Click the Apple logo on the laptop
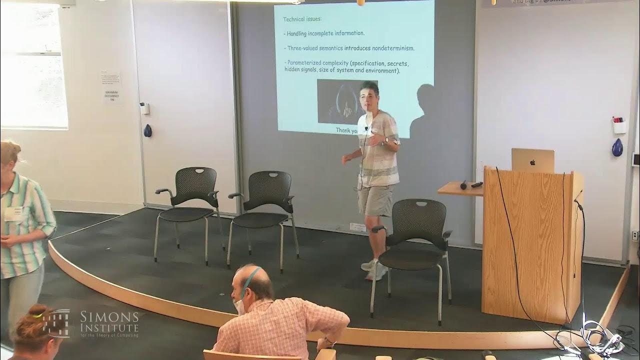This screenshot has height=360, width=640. [532, 162]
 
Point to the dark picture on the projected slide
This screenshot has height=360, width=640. [340, 101]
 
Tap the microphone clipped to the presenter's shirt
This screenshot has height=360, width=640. [366, 128]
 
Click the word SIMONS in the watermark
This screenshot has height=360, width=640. [109, 316]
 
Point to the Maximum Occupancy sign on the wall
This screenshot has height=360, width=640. [112, 94]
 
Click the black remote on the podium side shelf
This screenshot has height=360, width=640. [476, 184]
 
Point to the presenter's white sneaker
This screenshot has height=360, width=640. [376, 271]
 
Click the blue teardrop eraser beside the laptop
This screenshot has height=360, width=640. [618, 147]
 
